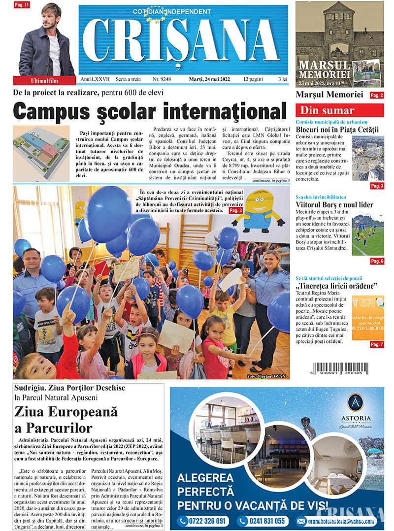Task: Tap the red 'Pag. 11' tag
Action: tap(22, 5)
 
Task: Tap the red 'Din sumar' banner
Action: tap(339, 110)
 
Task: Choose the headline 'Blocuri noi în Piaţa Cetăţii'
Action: tap(337, 130)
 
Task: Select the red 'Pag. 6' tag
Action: tap(377, 261)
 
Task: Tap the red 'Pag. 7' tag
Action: tap(377, 344)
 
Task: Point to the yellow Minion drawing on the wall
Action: tap(259, 211)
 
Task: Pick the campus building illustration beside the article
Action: tap(42, 153)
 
